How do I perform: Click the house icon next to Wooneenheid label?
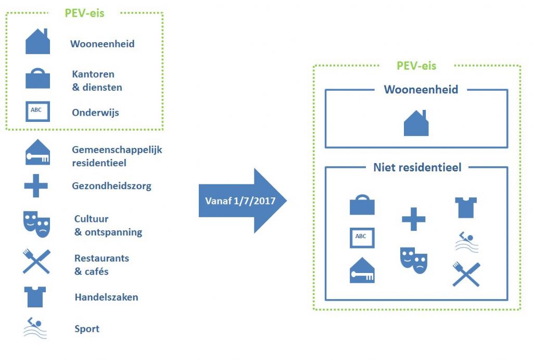point(37,42)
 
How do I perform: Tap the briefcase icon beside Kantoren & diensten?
point(37,79)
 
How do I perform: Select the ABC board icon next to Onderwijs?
point(37,111)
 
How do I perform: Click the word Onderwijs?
point(95,113)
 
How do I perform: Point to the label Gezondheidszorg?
point(111,186)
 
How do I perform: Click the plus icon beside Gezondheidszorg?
point(36,186)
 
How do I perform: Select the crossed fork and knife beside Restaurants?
point(36,262)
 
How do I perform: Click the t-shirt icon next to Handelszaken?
point(36,296)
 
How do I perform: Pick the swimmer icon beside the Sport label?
point(35,328)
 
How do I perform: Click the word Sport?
point(86,329)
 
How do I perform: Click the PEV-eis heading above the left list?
point(84,13)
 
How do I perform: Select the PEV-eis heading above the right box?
point(416,66)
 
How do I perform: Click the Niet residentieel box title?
point(417,167)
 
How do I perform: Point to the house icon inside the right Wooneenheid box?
point(416,124)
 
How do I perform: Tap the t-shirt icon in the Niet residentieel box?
point(465,207)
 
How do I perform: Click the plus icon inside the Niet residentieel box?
point(414,219)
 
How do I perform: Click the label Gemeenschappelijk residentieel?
point(117,156)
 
